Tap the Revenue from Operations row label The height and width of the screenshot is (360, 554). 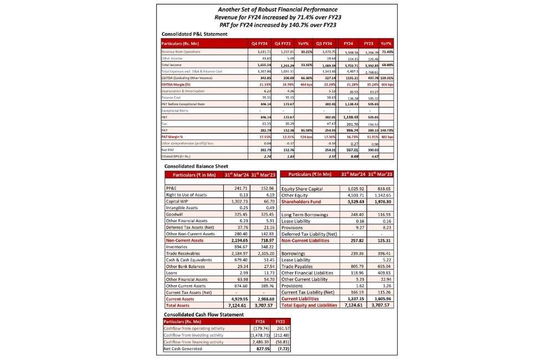pyautogui.click(x=182, y=52)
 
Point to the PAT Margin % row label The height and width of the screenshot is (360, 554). pyautogui.click(x=173, y=136)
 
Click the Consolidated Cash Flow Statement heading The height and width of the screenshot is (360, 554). pyautogui.click(x=203, y=314)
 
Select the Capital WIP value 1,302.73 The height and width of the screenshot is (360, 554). pyautogui.click(x=235, y=201)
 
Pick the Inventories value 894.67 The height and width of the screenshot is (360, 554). pyautogui.click(x=236, y=246)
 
